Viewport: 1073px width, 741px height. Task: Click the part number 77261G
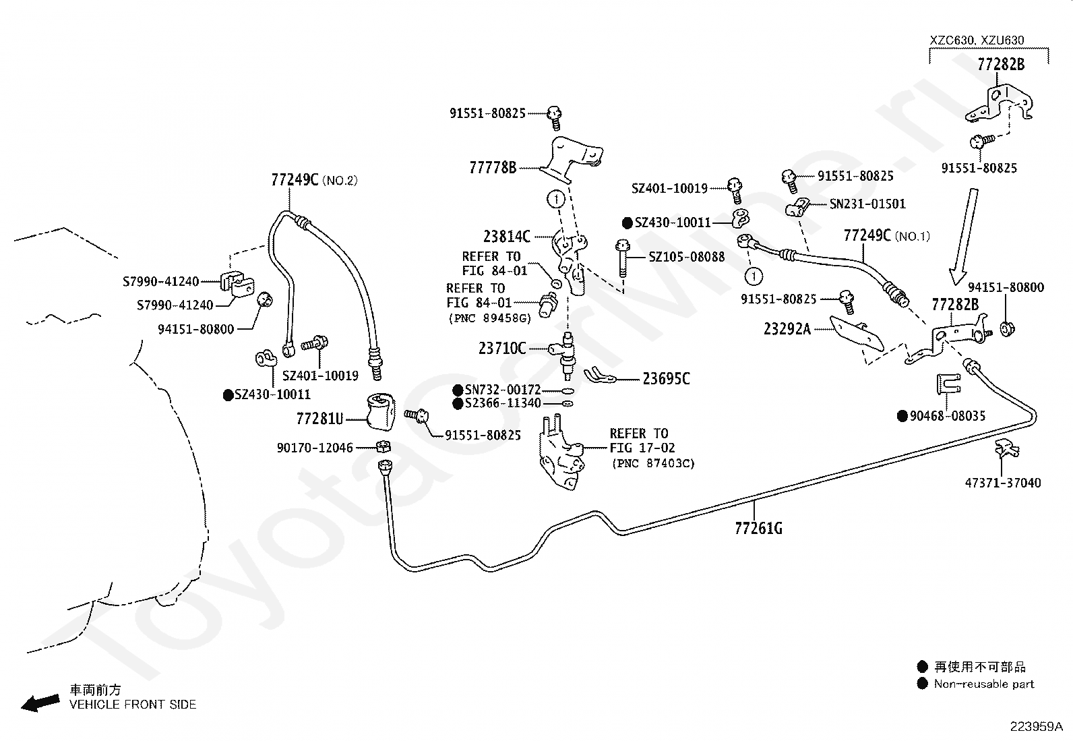click(758, 528)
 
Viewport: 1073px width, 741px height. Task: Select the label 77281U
click(319, 419)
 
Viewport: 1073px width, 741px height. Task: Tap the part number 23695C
click(666, 379)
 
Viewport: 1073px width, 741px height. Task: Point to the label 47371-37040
click(1003, 483)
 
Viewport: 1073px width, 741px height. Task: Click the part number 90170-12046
click(314, 448)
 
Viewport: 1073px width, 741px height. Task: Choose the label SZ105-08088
click(686, 257)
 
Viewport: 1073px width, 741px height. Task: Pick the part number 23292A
click(787, 329)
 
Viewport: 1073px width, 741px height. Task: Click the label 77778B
click(493, 167)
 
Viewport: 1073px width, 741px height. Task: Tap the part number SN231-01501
click(867, 204)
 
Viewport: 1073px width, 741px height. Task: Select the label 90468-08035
click(948, 415)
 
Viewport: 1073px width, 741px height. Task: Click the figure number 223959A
click(1037, 727)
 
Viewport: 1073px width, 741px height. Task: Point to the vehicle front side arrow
click(40, 703)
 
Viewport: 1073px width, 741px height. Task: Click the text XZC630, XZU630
click(977, 40)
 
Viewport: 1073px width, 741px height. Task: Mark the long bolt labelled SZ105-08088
click(622, 259)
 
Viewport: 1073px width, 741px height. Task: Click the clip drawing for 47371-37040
click(1007, 448)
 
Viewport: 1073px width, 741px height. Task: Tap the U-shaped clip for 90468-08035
click(948, 384)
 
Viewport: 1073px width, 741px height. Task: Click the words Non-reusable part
click(984, 684)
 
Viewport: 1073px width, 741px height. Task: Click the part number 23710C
click(502, 349)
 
